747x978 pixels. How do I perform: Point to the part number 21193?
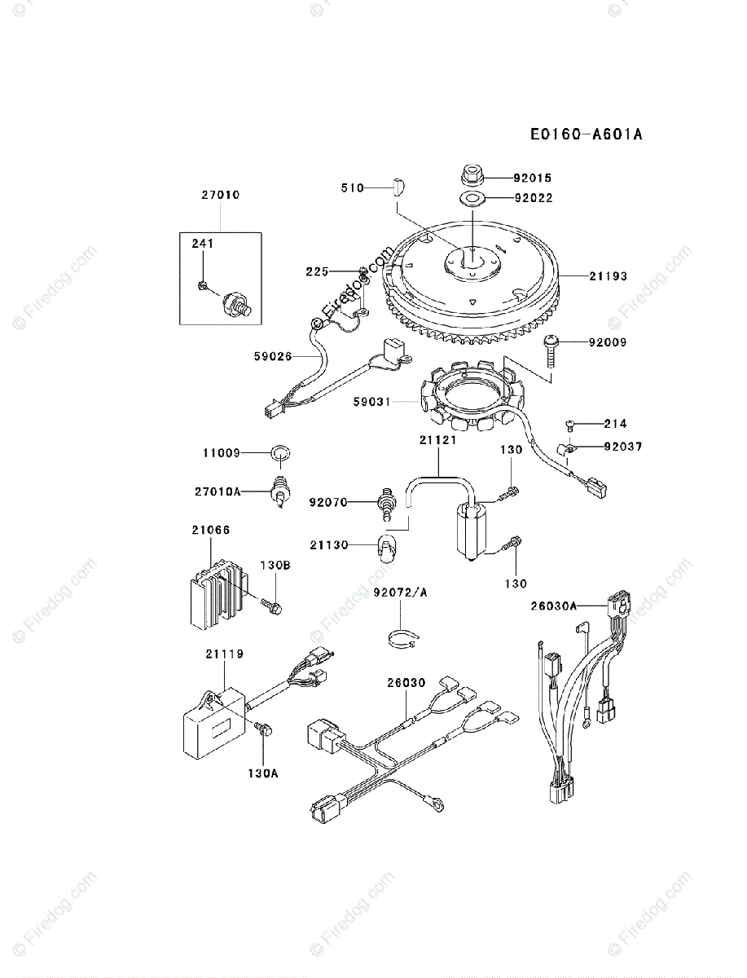coord(609,276)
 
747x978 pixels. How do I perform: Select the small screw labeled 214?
coord(570,423)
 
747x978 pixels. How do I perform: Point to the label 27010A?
coord(218,491)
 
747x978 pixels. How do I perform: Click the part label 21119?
coord(224,654)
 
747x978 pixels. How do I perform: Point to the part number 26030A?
coord(555,606)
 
